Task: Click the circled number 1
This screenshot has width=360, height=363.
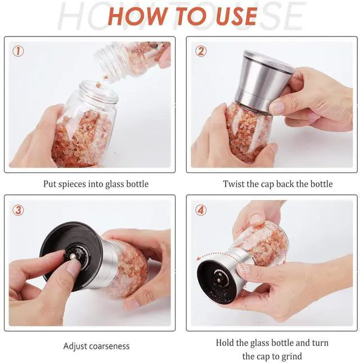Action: point(18,51)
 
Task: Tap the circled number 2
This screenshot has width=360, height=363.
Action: point(200,51)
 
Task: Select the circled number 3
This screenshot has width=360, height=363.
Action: point(18,210)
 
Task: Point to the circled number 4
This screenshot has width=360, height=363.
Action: point(200,210)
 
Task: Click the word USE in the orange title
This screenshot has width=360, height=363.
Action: point(236,16)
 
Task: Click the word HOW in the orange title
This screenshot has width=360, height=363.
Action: point(137,16)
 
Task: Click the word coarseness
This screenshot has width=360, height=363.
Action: point(109,346)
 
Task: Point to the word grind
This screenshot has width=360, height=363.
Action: point(291,356)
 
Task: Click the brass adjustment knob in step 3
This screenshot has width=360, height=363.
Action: point(73,256)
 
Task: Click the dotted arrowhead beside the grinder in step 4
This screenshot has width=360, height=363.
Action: point(199,259)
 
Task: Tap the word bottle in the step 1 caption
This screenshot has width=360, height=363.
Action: point(137,184)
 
